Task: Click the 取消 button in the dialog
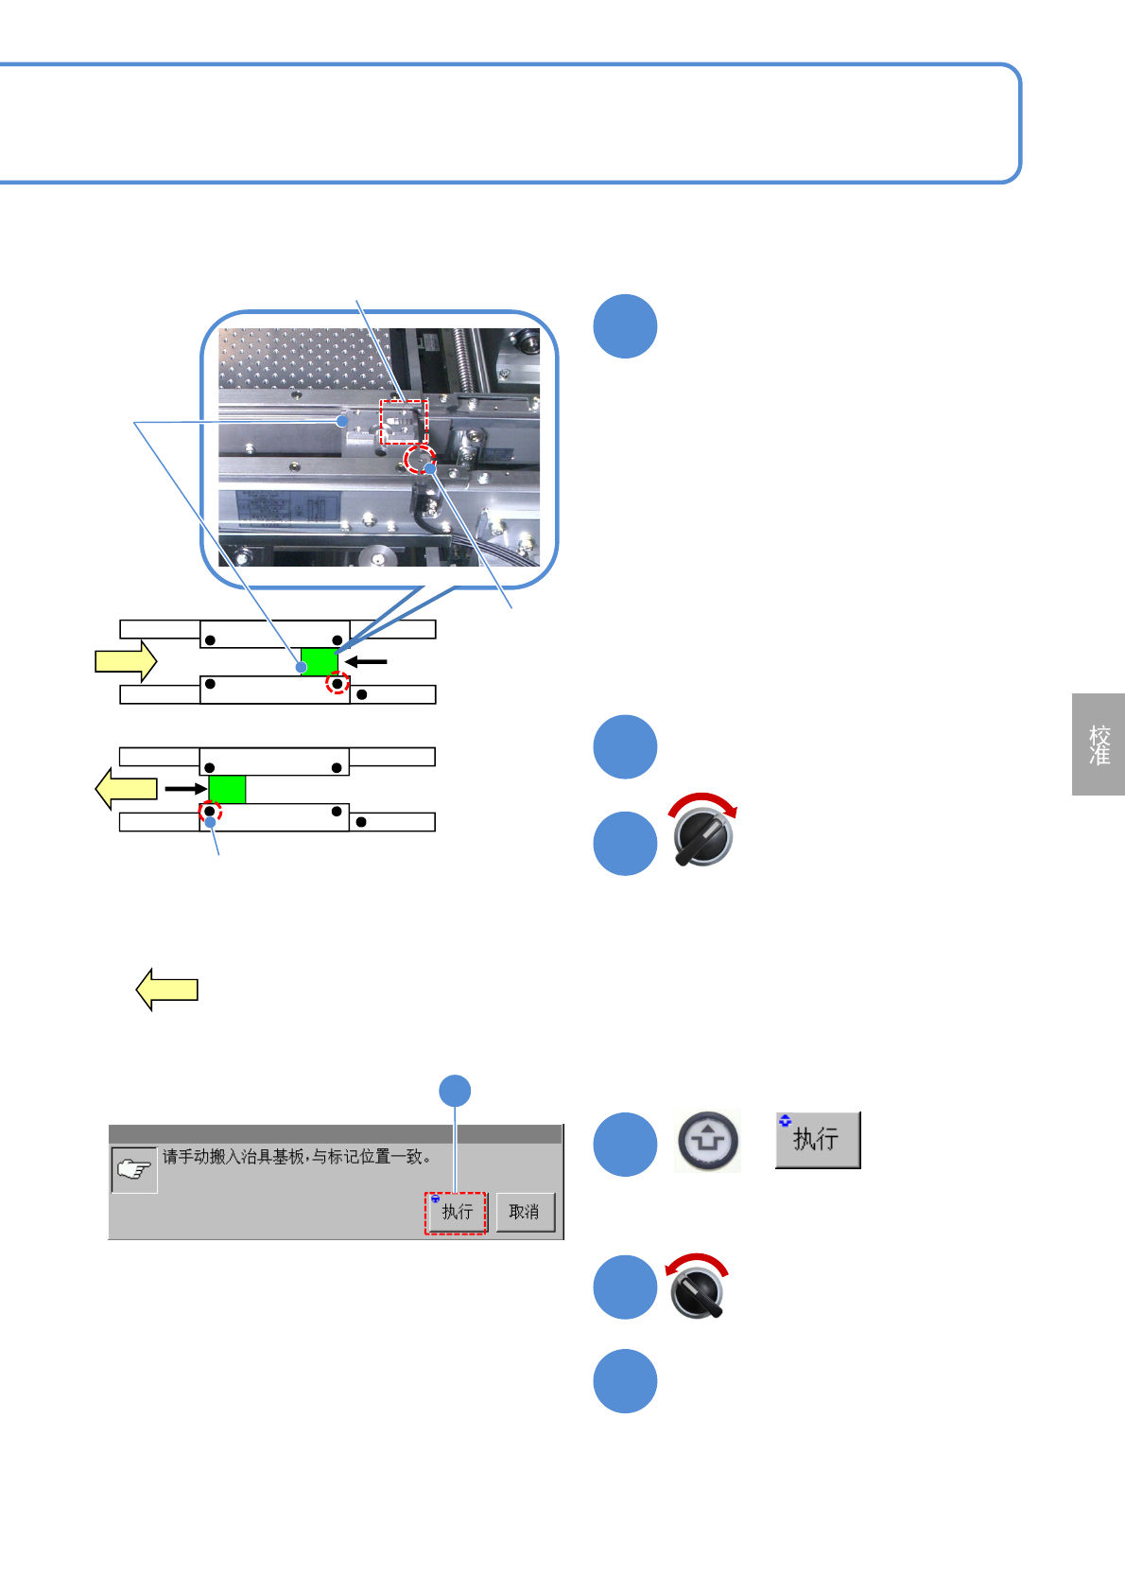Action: click(x=525, y=1212)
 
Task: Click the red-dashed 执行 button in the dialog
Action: click(x=456, y=1213)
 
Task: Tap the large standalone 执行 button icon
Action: click(x=818, y=1140)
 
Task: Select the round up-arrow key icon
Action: click(x=708, y=1141)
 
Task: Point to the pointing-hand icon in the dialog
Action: click(x=133, y=1170)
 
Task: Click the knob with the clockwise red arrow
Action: click(x=703, y=833)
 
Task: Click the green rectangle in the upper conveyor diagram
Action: click(x=320, y=661)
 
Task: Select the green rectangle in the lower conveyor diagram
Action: click(x=227, y=789)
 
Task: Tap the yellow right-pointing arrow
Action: click(x=126, y=660)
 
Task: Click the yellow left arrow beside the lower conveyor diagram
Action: click(x=127, y=789)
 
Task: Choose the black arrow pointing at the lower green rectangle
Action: click(x=185, y=788)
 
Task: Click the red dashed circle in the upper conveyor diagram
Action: click(x=337, y=683)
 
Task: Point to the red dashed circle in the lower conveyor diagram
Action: click(x=210, y=812)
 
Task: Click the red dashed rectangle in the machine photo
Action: click(x=404, y=421)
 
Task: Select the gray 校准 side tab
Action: click(x=1099, y=744)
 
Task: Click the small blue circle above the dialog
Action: click(x=456, y=1091)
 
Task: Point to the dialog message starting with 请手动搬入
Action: click(x=297, y=1157)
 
